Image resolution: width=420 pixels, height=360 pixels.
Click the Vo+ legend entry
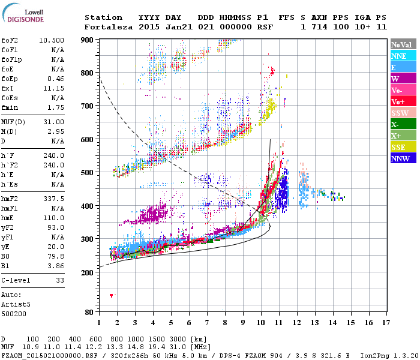coord(400,101)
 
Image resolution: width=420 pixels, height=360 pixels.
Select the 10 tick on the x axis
coord(261,323)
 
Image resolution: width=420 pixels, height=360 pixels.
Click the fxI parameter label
coord(8,88)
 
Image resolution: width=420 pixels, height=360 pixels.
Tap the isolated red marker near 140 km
coord(111,295)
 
